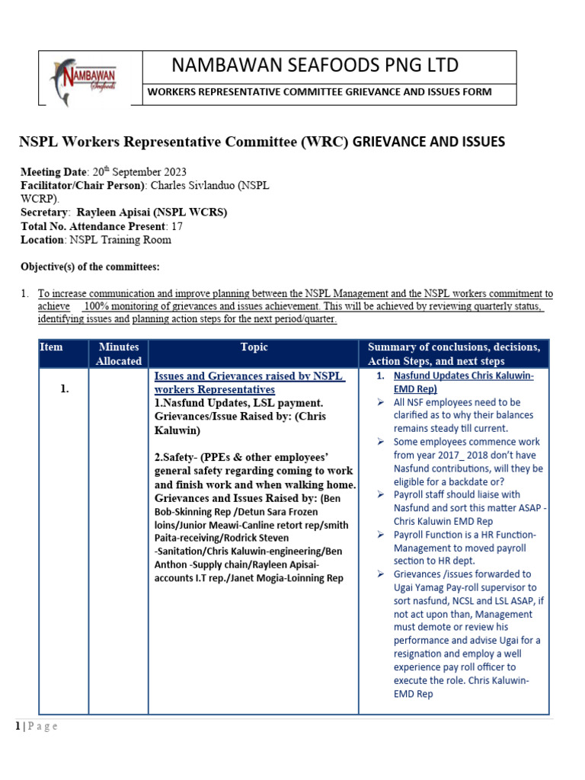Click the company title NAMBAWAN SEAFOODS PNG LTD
[x=315, y=65]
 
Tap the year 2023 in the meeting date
[x=172, y=171]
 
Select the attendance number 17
[x=177, y=226]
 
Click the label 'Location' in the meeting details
[x=42, y=240]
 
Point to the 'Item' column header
[x=52, y=347]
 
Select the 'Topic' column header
[x=254, y=347]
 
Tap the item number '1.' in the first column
[x=65, y=389]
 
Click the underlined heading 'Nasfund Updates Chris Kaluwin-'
[x=463, y=376]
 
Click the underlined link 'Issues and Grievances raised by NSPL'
[x=248, y=376]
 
